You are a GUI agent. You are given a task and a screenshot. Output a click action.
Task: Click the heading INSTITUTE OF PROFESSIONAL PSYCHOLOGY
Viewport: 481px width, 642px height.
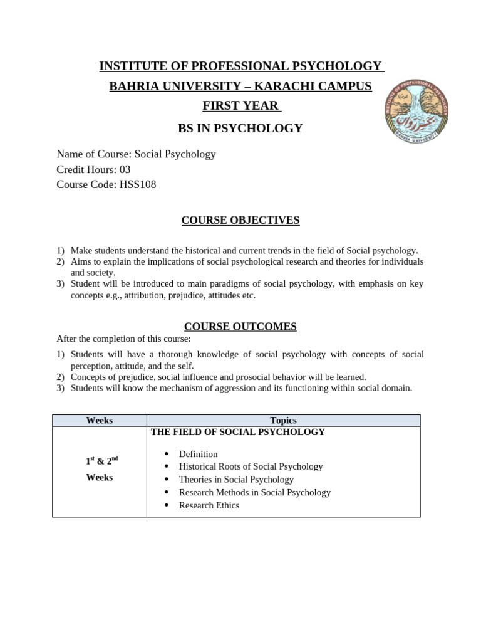pyautogui.click(x=240, y=66)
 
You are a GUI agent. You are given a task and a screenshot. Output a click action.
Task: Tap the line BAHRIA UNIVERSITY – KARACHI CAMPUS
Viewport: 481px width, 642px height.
pyautogui.click(x=240, y=87)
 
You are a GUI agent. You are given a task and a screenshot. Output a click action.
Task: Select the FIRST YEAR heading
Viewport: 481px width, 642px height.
pyautogui.click(x=240, y=106)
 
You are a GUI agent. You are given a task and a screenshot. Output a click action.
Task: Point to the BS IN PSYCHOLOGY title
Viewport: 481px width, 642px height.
pyautogui.click(x=240, y=129)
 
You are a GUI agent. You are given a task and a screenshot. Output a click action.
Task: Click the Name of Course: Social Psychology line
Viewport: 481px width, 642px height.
pyautogui.click(x=136, y=154)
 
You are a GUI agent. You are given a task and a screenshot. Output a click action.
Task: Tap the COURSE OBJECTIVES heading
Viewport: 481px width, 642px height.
pyautogui.click(x=240, y=220)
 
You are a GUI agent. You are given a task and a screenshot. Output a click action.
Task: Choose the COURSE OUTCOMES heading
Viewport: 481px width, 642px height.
pyautogui.click(x=240, y=326)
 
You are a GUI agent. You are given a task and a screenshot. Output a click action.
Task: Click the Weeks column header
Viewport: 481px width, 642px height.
pyautogui.click(x=99, y=421)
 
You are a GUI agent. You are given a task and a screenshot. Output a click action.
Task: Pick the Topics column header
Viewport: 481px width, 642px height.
pyautogui.click(x=283, y=421)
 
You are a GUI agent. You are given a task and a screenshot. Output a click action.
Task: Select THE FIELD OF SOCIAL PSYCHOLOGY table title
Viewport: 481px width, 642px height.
pyautogui.click(x=238, y=432)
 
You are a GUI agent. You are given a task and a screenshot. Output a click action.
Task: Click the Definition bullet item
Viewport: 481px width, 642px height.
pyautogui.click(x=198, y=454)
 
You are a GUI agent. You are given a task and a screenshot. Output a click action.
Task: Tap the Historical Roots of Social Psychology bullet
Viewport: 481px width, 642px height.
pyautogui.click(x=251, y=466)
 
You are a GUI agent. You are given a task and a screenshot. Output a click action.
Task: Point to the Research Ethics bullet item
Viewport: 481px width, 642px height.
pyautogui.click(x=209, y=505)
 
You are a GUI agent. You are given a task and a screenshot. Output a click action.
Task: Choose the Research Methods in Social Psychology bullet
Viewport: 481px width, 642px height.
pyautogui.click(x=254, y=492)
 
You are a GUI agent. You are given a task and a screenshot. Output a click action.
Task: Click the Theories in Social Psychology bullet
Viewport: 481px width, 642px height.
pyautogui.click(x=236, y=480)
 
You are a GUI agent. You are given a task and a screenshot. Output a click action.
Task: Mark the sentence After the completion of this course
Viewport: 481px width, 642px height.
pyautogui.click(x=123, y=339)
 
